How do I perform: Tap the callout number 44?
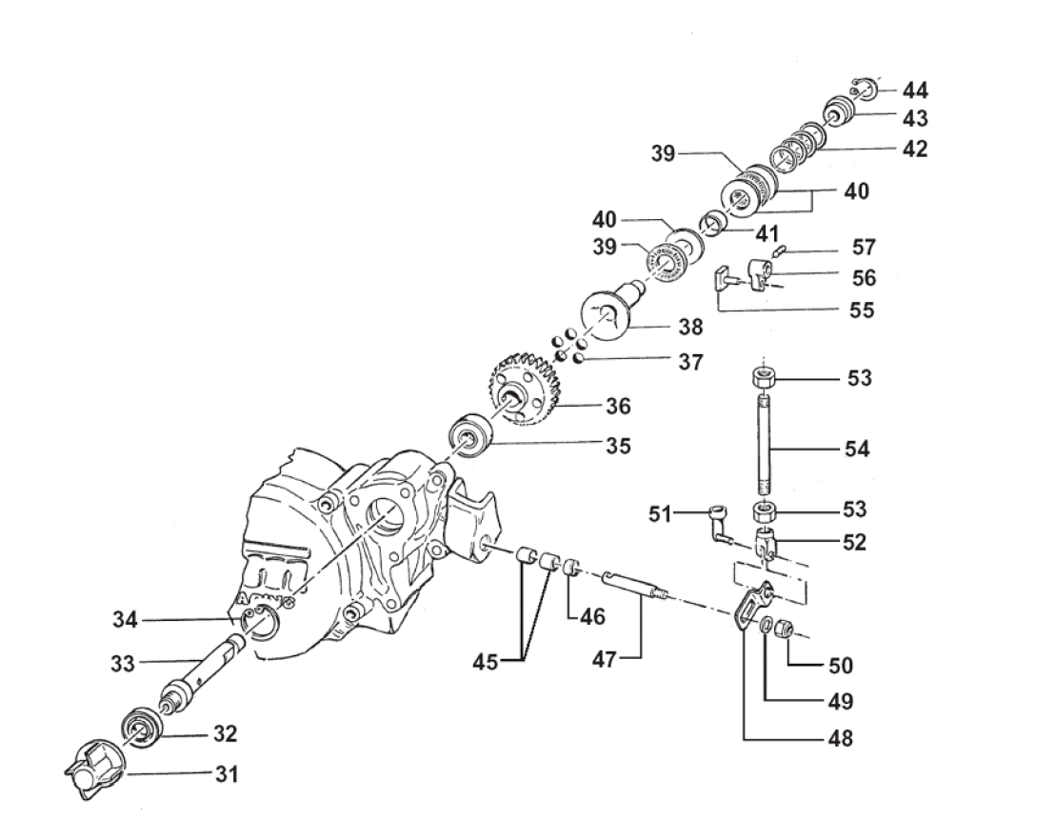click(x=915, y=90)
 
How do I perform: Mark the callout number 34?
click(x=125, y=620)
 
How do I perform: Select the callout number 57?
click(x=864, y=249)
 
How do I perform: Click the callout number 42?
click(x=915, y=149)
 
